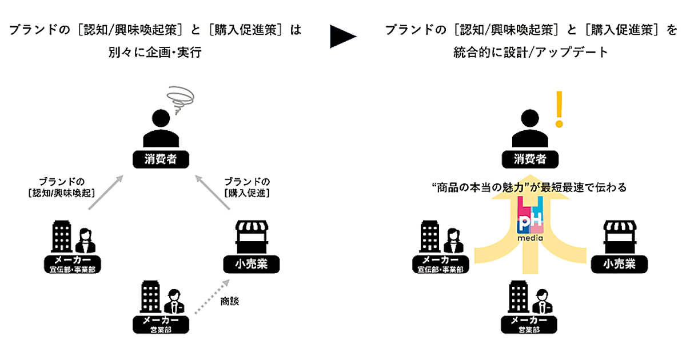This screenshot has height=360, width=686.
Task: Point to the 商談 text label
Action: click(229, 301)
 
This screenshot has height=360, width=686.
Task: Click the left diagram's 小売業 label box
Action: click(250, 265)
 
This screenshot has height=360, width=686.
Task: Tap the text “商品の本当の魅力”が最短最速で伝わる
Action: click(529, 187)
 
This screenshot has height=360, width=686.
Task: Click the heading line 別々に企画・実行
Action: click(155, 53)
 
